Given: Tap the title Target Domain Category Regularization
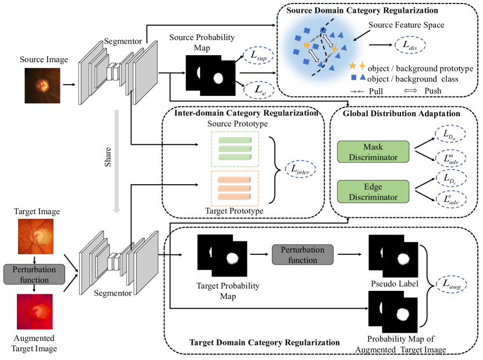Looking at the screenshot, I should (x=264, y=342).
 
